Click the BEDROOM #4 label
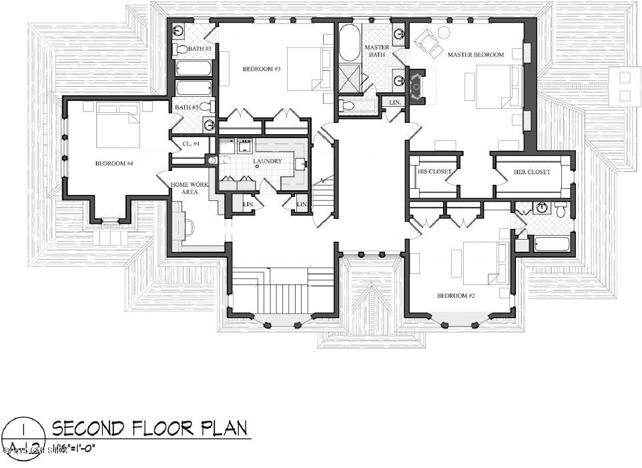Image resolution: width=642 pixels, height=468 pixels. point(115,163)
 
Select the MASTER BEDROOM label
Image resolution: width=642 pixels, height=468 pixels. point(475,54)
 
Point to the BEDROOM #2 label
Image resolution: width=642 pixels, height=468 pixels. point(455,295)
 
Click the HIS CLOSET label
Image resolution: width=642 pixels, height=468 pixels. point(434,172)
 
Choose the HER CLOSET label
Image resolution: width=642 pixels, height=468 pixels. point(532,172)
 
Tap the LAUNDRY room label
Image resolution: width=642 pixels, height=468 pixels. point(268,161)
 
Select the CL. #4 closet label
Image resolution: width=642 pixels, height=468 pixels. point(192,144)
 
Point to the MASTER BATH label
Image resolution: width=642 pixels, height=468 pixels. point(376,51)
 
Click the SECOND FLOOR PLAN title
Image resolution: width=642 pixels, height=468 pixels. point(149,427)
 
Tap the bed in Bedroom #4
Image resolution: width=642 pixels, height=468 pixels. point(118,126)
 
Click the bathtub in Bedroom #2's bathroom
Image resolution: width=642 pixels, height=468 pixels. point(551,243)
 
